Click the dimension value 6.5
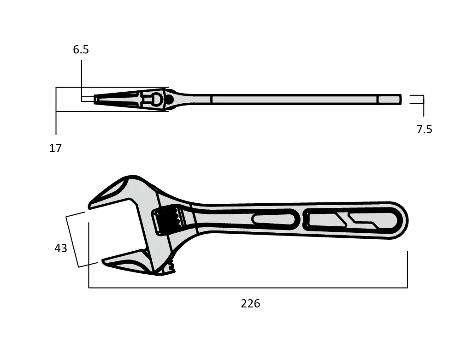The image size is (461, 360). click(81, 50)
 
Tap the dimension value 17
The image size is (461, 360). click(55, 148)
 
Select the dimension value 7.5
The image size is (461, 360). click(424, 130)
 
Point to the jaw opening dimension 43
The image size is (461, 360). click(61, 248)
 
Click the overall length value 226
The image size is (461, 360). click(250, 304)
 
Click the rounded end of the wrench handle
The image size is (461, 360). click(401, 220)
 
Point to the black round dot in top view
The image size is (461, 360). click(169, 99)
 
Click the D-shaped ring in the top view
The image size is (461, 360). click(156, 99)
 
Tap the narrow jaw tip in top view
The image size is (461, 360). click(97, 99)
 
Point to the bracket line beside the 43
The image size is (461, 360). click(72, 242)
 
